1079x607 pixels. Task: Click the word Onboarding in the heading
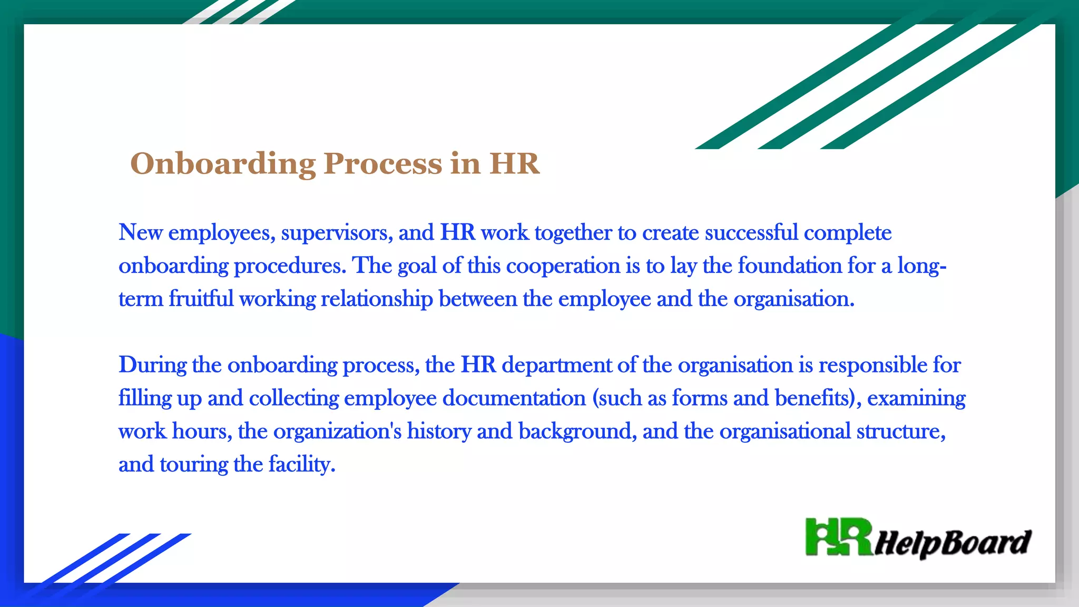222,164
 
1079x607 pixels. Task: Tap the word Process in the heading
383,164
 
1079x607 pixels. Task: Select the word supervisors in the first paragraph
337,233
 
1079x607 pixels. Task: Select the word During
152,365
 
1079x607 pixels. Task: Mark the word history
439,432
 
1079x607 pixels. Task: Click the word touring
193,465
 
